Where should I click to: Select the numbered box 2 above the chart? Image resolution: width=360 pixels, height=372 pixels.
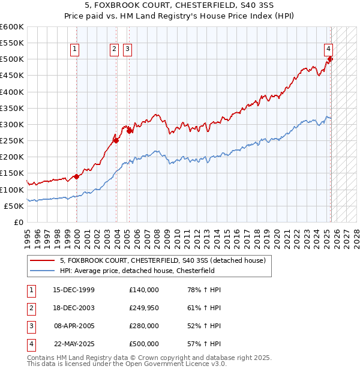[x=114, y=50]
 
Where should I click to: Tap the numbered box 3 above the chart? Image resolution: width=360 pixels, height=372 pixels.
[x=128, y=50]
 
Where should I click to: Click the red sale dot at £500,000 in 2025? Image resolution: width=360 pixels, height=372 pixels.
[x=330, y=59]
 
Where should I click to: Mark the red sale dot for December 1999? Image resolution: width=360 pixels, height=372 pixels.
[x=77, y=176]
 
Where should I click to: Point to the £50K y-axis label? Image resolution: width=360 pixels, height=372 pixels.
[x=14, y=206]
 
